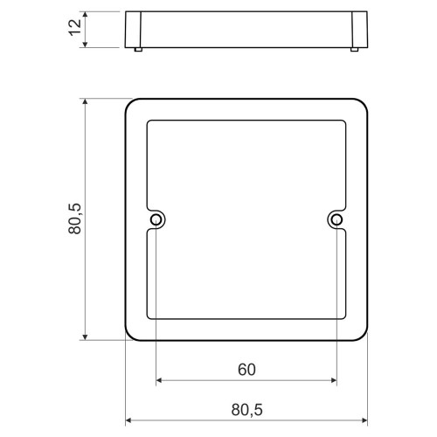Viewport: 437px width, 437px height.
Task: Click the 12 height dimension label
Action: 75,27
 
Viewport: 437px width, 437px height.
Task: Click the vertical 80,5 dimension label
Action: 75,218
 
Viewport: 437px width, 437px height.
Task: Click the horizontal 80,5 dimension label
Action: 246,410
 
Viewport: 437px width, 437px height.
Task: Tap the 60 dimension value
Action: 246,370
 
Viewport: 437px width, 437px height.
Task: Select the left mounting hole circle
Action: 156,219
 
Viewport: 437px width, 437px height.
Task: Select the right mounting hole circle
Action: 336,219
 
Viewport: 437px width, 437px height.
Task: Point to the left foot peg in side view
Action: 138,49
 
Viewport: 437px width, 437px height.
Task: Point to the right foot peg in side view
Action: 354,49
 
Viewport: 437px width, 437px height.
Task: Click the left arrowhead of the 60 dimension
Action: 159,380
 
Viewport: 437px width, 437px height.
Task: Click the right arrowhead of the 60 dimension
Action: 334,380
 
